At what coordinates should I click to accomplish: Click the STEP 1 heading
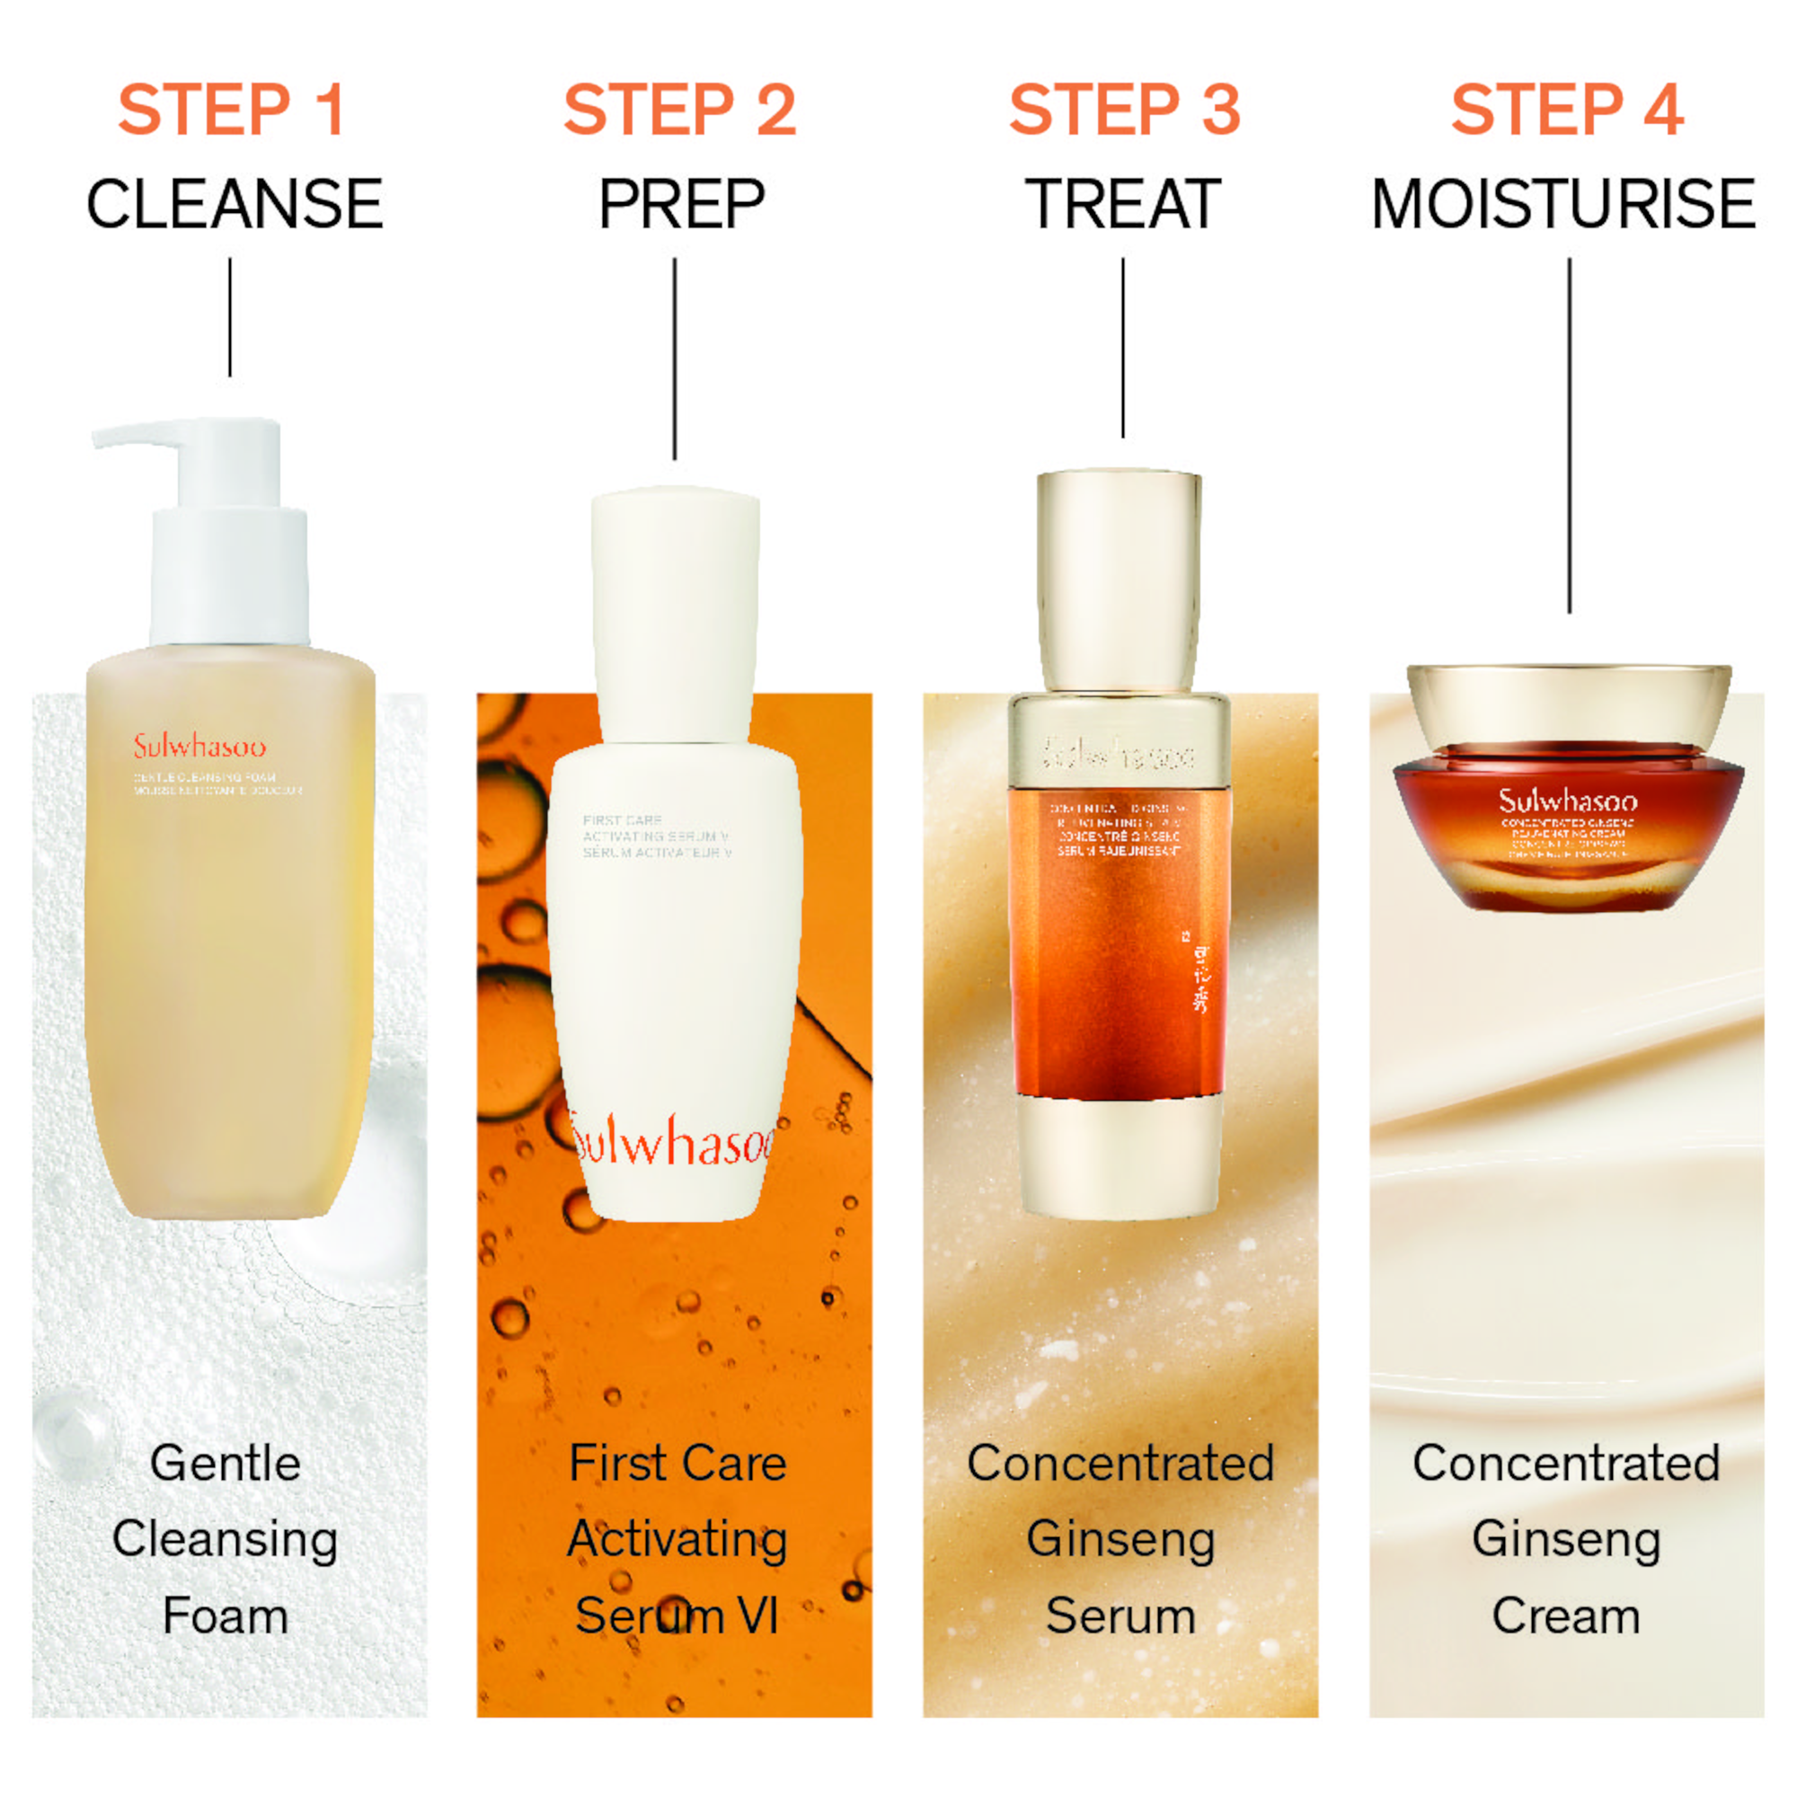click(233, 110)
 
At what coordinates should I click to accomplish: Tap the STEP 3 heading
click(1125, 110)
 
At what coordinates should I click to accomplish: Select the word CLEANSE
click(235, 204)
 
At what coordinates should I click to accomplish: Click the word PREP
click(681, 204)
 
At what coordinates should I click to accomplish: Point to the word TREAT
click(1122, 204)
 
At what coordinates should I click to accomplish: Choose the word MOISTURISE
click(1563, 204)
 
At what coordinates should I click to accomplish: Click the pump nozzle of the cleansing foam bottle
click(139, 435)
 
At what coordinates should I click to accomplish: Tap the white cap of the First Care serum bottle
click(677, 614)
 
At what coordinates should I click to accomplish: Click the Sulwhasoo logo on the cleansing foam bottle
click(199, 747)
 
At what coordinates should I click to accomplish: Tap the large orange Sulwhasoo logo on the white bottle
click(671, 1142)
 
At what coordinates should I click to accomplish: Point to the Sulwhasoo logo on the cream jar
click(1567, 801)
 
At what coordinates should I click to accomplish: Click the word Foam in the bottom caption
click(226, 1616)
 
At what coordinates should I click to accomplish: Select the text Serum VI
click(677, 1616)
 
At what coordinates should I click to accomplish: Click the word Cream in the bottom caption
click(1565, 1616)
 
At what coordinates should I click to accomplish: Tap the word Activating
click(677, 1539)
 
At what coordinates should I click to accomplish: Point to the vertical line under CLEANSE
click(230, 317)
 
